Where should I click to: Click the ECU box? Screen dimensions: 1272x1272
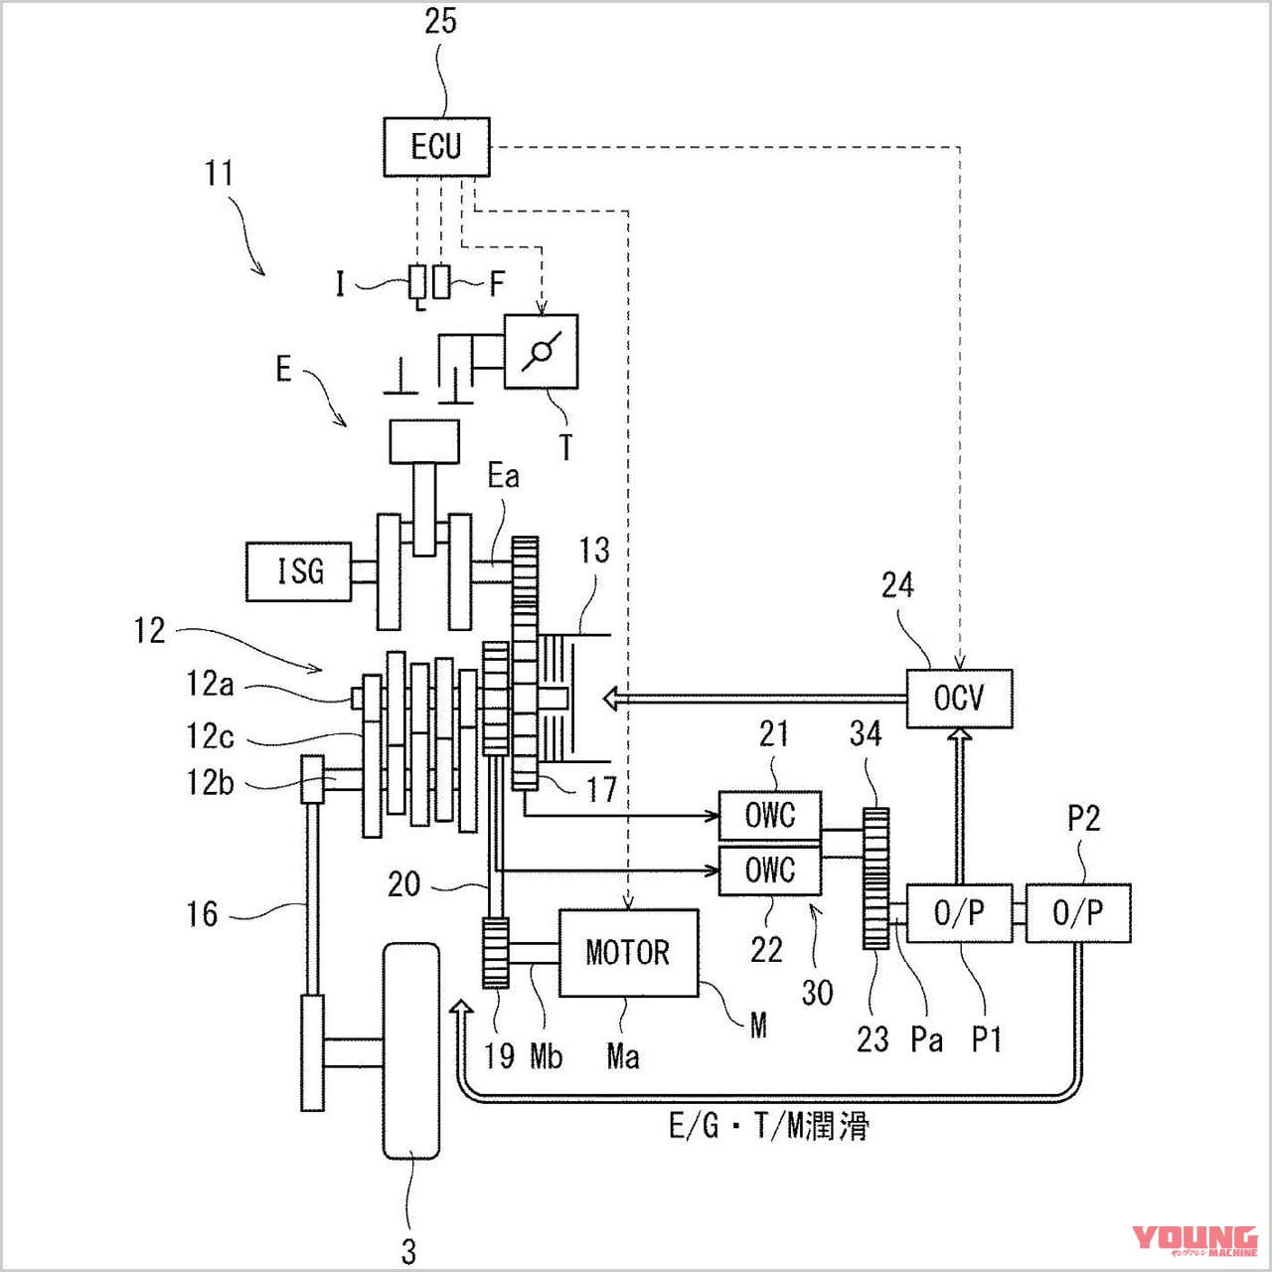(x=436, y=147)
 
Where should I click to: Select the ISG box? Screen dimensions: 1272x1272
(x=299, y=571)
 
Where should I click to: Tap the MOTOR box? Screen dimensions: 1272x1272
(x=628, y=952)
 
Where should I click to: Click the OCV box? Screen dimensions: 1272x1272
(x=959, y=699)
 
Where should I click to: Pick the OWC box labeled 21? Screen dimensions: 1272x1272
(x=770, y=816)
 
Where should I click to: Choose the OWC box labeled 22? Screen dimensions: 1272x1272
(x=770, y=871)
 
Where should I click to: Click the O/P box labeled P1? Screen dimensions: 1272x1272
(x=959, y=913)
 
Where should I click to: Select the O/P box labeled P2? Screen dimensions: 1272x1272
(x=1077, y=913)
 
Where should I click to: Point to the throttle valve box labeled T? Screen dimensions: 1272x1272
(x=541, y=352)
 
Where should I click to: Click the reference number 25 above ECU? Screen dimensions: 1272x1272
(x=440, y=21)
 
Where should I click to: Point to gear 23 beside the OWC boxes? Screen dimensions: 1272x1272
(x=875, y=878)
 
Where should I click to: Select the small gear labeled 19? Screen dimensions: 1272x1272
(x=495, y=953)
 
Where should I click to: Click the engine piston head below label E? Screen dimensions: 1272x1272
(x=424, y=441)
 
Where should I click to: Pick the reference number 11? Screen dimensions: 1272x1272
(x=219, y=173)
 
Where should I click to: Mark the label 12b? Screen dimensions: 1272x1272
(x=210, y=782)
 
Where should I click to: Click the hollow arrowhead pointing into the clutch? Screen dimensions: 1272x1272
(x=611, y=699)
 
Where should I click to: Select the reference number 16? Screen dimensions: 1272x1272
(x=202, y=913)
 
